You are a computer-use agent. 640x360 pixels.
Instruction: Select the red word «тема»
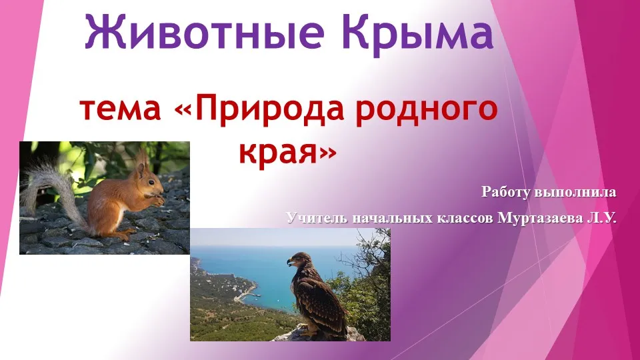click(121, 110)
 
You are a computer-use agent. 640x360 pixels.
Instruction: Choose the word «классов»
click(465, 219)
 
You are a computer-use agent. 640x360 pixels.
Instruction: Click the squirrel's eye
click(151, 183)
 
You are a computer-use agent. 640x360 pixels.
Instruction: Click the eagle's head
click(300, 260)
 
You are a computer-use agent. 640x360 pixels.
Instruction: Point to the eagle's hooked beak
click(290, 263)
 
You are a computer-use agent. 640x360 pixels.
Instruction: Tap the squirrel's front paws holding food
click(157, 199)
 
